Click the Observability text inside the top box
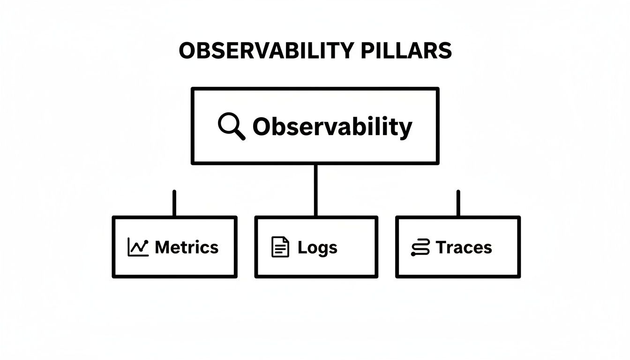click(x=332, y=127)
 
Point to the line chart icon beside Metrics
click(x=138, y=247)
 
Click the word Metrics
click(x=187, y=247)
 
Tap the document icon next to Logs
click(x=280, y=247)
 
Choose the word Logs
click(x=317, y=247)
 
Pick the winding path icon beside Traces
click(x=420, y=247)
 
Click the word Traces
click(x=464, y=247)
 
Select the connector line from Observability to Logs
click(x=315, y=190)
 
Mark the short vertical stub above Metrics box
click(x=174, y=203)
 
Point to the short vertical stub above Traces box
click(x=458, y=203)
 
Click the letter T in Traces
click(x=441, y=247)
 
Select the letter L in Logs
click(x=301, y=247)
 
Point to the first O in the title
click(x=187, y=51)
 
